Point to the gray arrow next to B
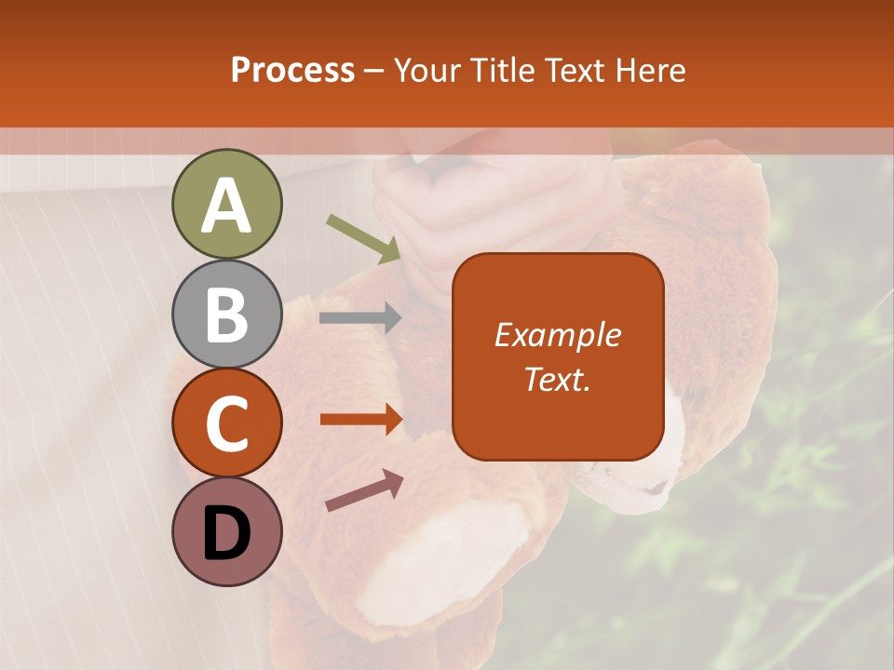tap(360, 318)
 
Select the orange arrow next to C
tap(361, 420)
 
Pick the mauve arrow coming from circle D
tap(364, 490)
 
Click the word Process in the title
tap(292, 70)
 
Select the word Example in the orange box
tap(557, 335)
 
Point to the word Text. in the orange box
tap(557, 379)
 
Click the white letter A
tap(226, 206)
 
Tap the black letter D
tap(226, 532)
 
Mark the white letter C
tap(226, 423)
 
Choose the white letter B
tap(226, 315)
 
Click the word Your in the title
tap(427, 70)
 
